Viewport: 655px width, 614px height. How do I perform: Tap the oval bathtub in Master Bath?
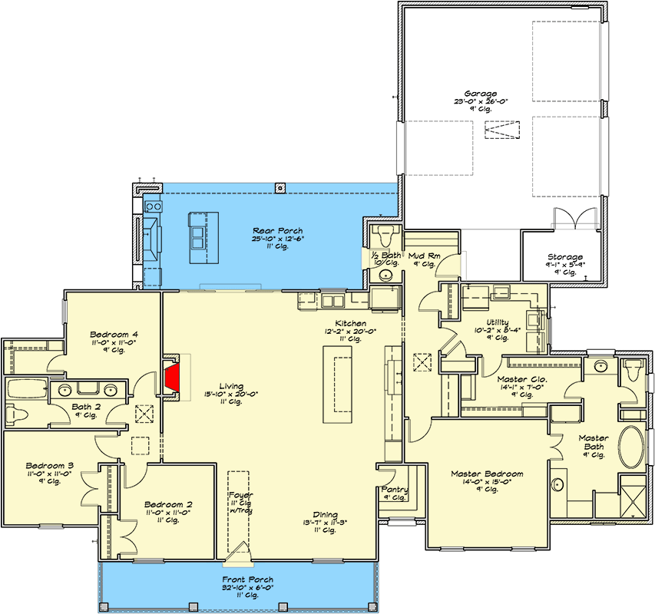pos(634,447)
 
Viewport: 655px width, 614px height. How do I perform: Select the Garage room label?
pos(481,94)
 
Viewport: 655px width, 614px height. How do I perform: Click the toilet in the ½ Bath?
pos(385,233)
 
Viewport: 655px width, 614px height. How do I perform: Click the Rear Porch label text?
pos(278,230)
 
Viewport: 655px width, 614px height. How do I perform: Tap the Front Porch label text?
pos(248,579)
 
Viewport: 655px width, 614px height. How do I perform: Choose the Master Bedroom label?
pos(487,474)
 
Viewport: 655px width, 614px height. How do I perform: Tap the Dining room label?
pos(326,515)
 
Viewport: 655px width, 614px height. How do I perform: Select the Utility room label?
pos(498,322)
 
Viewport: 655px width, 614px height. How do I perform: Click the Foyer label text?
pos(240,495)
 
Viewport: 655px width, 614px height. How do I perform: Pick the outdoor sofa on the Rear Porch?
pos(153,239)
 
